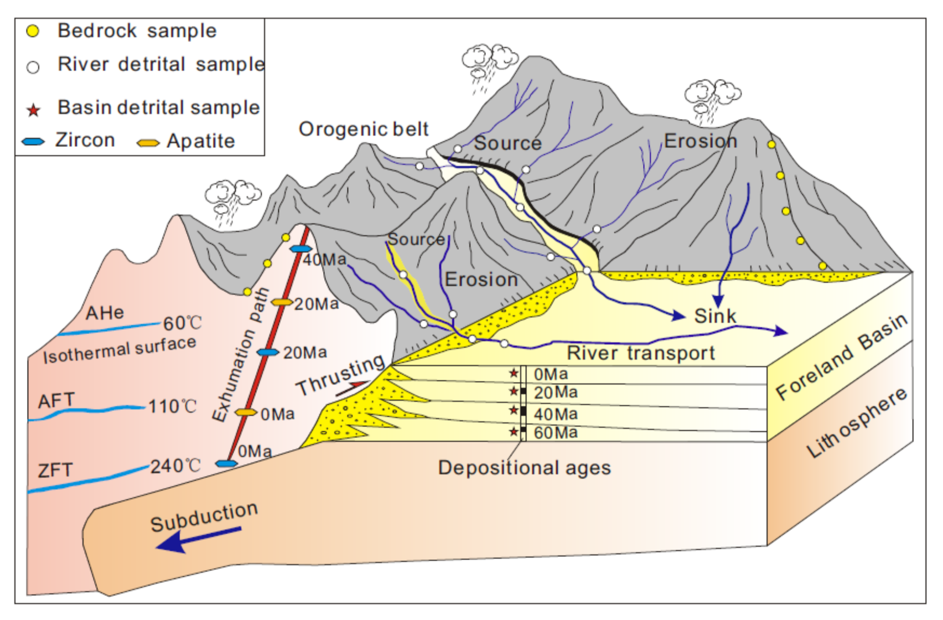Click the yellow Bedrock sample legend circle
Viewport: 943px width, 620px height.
click(x=33, y=32)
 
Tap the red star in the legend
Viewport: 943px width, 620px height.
click(x=34, y=110)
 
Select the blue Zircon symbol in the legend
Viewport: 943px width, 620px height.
click(x=33, y=142)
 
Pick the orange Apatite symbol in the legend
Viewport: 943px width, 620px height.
click(x=148, y=143)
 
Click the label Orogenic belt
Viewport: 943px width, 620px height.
click(x=364, y=129)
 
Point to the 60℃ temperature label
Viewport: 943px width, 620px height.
click(x=183, y=323)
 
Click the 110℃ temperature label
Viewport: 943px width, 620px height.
click(x=173, y=406)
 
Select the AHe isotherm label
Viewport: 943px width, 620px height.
click(x=105, y=313)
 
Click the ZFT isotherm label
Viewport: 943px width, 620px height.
click(x=55, y=471)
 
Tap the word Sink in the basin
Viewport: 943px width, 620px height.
click(x=715, y=316)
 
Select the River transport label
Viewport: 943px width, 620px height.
click(x=641, y=353)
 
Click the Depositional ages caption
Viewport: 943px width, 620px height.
click(x=525, y=468)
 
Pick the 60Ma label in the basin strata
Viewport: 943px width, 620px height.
click(x=556, y=432)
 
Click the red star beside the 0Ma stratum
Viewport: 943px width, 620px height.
click(x=514, y=373)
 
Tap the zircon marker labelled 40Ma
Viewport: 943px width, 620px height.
click(x=300, y=249)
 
